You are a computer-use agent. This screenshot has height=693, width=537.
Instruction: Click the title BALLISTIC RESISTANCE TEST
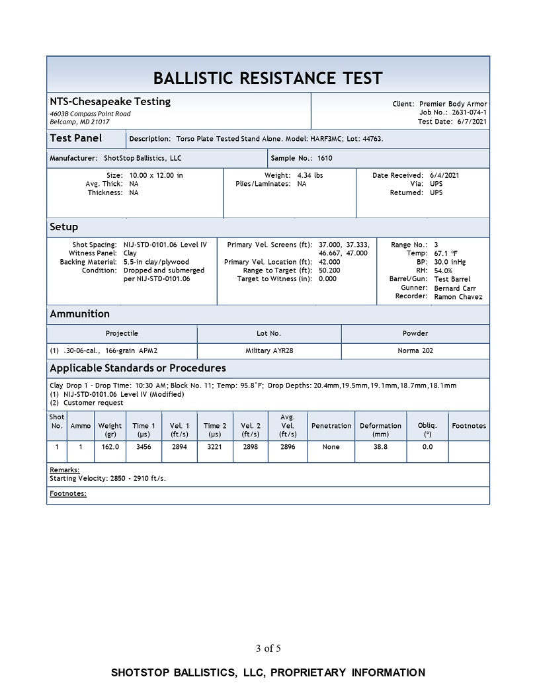pos(268,78)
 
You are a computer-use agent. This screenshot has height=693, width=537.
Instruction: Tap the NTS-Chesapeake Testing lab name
pos(110,102)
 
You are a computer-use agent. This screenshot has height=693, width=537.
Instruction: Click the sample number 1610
pos(325,159)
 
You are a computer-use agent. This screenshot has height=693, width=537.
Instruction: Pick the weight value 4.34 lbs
pos(310,175)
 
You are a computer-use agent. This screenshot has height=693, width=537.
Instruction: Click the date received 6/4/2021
pos(444,175)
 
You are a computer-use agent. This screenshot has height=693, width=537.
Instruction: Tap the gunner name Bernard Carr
pos(455,288)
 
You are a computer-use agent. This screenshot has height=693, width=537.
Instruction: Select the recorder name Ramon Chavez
pos(458,297)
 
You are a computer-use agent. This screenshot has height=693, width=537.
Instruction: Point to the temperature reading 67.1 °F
pos(446,254)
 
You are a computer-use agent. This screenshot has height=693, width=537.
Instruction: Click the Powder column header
pos(415,333)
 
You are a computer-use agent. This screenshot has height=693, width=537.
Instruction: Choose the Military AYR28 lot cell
pos(268,350)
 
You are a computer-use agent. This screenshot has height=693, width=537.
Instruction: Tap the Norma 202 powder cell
pos(415,350)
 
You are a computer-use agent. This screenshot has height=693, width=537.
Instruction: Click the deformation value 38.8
pos(380,447)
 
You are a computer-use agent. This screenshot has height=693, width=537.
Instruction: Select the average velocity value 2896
pos(287,447)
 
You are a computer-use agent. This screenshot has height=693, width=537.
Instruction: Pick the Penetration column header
pos(331,426)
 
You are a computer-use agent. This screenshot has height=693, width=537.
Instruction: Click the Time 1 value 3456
pos(144,447)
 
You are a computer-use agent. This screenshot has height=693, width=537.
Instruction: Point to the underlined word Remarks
pos(64,469)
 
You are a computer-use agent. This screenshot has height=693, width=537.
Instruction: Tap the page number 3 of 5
pos(268,648)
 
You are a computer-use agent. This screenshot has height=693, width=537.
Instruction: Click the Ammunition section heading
pos(79,313)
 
